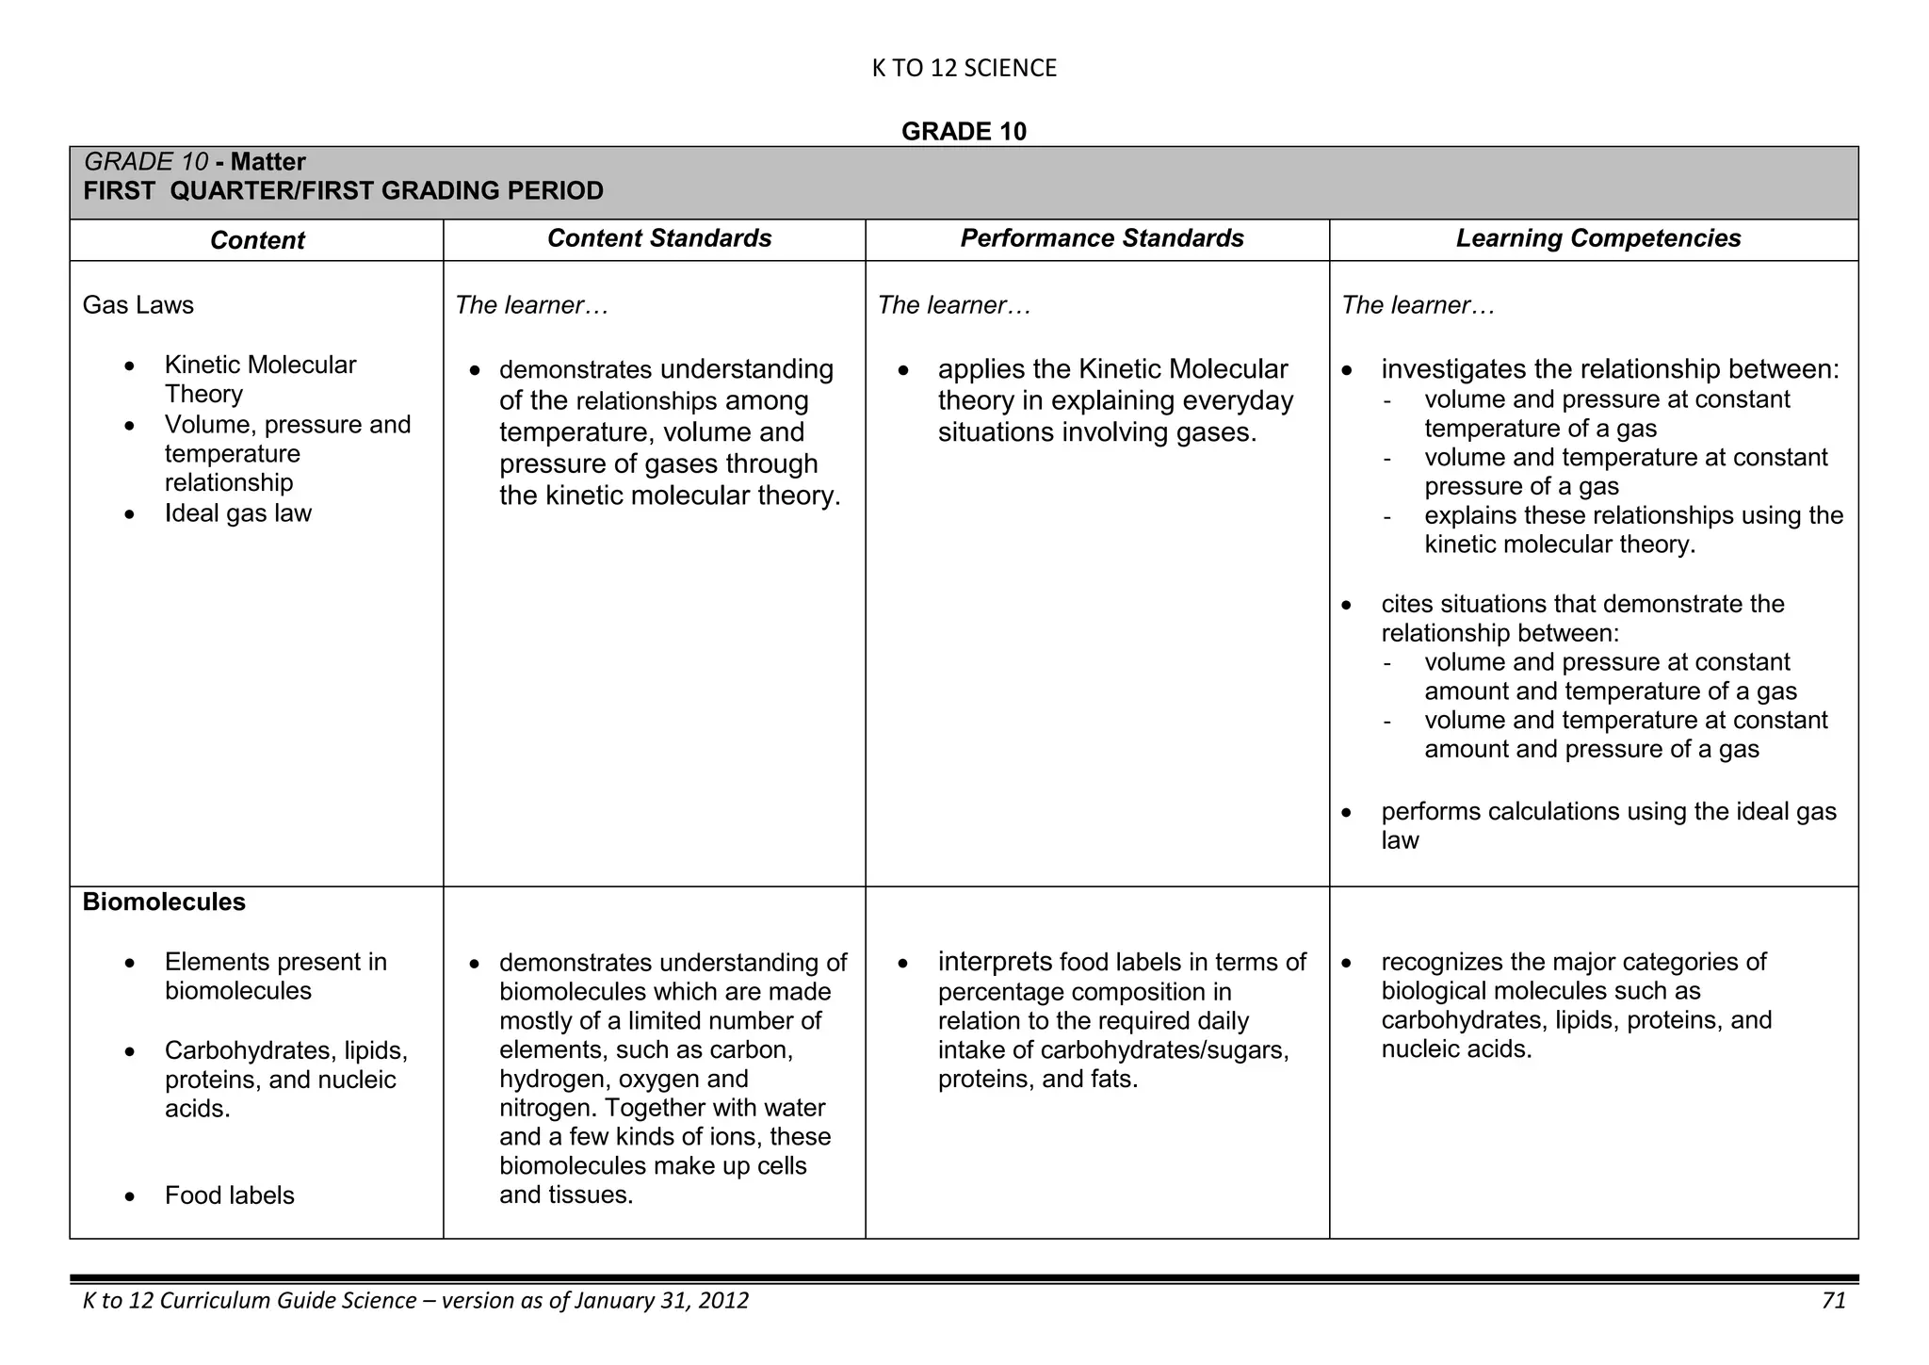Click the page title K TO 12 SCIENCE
tap(964, 68)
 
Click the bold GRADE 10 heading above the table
tap(964, 131)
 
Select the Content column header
tap(257, 240)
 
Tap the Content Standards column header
tap(659, 238)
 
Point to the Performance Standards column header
tap(1101, 238)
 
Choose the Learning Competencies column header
tap(1597, 238)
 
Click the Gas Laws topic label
tap(138, 305)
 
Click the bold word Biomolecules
tap(164, 902)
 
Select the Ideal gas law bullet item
tap(237, 513)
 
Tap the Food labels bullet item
tap(229, 1195)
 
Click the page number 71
tap(1833, 1301)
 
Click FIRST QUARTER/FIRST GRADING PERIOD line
tap(343, 191)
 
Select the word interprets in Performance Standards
tap(995, 962)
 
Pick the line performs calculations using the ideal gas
tap(1608, 812)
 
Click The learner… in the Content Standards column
tap(531, 305)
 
